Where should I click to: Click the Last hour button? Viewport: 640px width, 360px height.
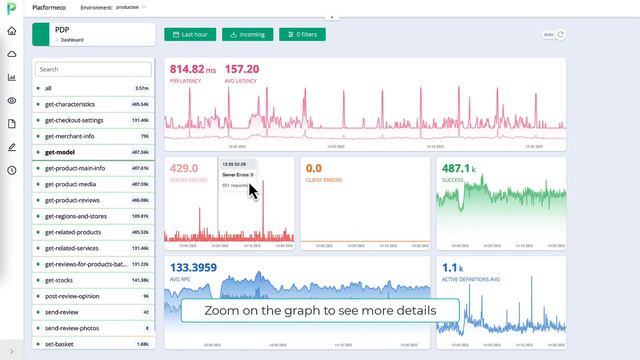[x=190, y=34]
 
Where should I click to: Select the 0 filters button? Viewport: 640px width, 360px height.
[x=302, y=34]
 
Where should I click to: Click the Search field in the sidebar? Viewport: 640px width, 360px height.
[x=92, y=70]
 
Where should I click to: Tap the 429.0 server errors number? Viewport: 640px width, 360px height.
[x=185, y=168]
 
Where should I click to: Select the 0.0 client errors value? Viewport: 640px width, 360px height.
[x=313, y=168]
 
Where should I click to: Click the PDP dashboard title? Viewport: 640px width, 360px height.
[x=62, y=30]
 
